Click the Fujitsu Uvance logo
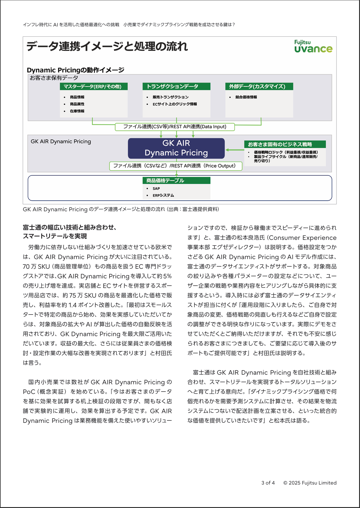pos(313,47)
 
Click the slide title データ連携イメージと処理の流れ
pos(107,46)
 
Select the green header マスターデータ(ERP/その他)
pos(94,87)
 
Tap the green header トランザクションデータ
pos(176,87)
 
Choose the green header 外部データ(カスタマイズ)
pos(259,87)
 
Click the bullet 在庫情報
pos(77,111)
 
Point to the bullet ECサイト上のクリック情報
pos(175,104)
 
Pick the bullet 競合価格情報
pos(246,97)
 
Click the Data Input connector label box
pos(175,127)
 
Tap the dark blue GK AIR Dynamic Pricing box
pos(176,148)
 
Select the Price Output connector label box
pos(175,166)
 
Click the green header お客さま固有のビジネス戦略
pos(284,144)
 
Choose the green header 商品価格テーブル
pos(176,181)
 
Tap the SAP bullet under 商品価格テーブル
pos(156,189)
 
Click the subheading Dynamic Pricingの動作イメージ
pos(76,70)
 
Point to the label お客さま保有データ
pos(54,78)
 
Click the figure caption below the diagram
pos(121,209)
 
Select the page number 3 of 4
pos(268,483)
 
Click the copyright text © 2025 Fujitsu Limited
pos(310,483)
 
